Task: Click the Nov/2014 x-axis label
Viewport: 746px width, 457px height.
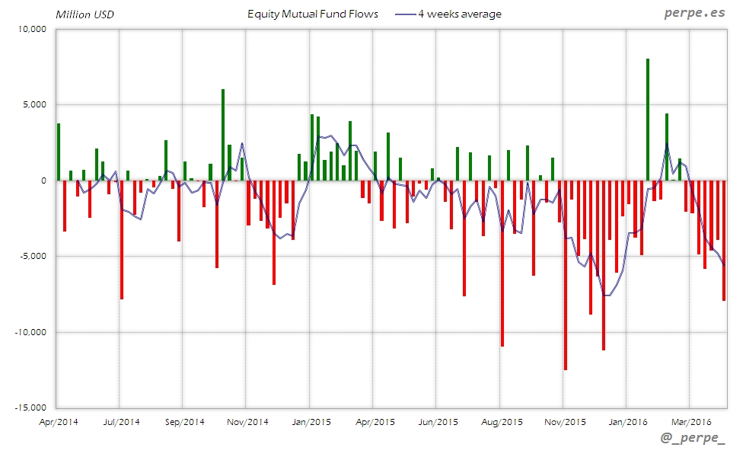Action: (247, 421)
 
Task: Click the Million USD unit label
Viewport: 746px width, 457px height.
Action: (84, 14)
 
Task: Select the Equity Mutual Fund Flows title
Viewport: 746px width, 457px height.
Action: (313, 14)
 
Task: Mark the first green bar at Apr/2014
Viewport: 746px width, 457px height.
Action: (59, 152)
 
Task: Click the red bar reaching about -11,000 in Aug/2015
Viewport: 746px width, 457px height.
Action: (502, 263)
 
